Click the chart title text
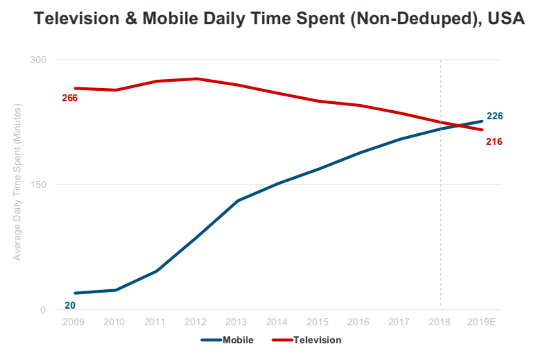[x=279, y=19]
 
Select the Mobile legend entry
[x=227, y=340]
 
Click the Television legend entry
[x=306, y=340]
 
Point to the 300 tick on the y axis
[x=38, y=60]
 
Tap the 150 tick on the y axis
[x=38, y=185]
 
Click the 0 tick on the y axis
[x=43, y=310]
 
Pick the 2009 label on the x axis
[x=73, y=322]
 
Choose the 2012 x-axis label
[x=195, y=322]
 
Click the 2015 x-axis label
[x=317, y=322]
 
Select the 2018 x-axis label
[x=439, y=322]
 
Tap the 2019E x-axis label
[x=481, y=322]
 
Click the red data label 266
[x=69, y=98]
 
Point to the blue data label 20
[x=70, y=305]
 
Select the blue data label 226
[x=495, y=116]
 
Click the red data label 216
[x=494, y=142]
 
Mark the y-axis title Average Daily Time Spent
[x=17, y=182]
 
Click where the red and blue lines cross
[x=457, y=126]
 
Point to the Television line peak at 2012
[x=197, y=79]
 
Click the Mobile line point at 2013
[x=238, y=200]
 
